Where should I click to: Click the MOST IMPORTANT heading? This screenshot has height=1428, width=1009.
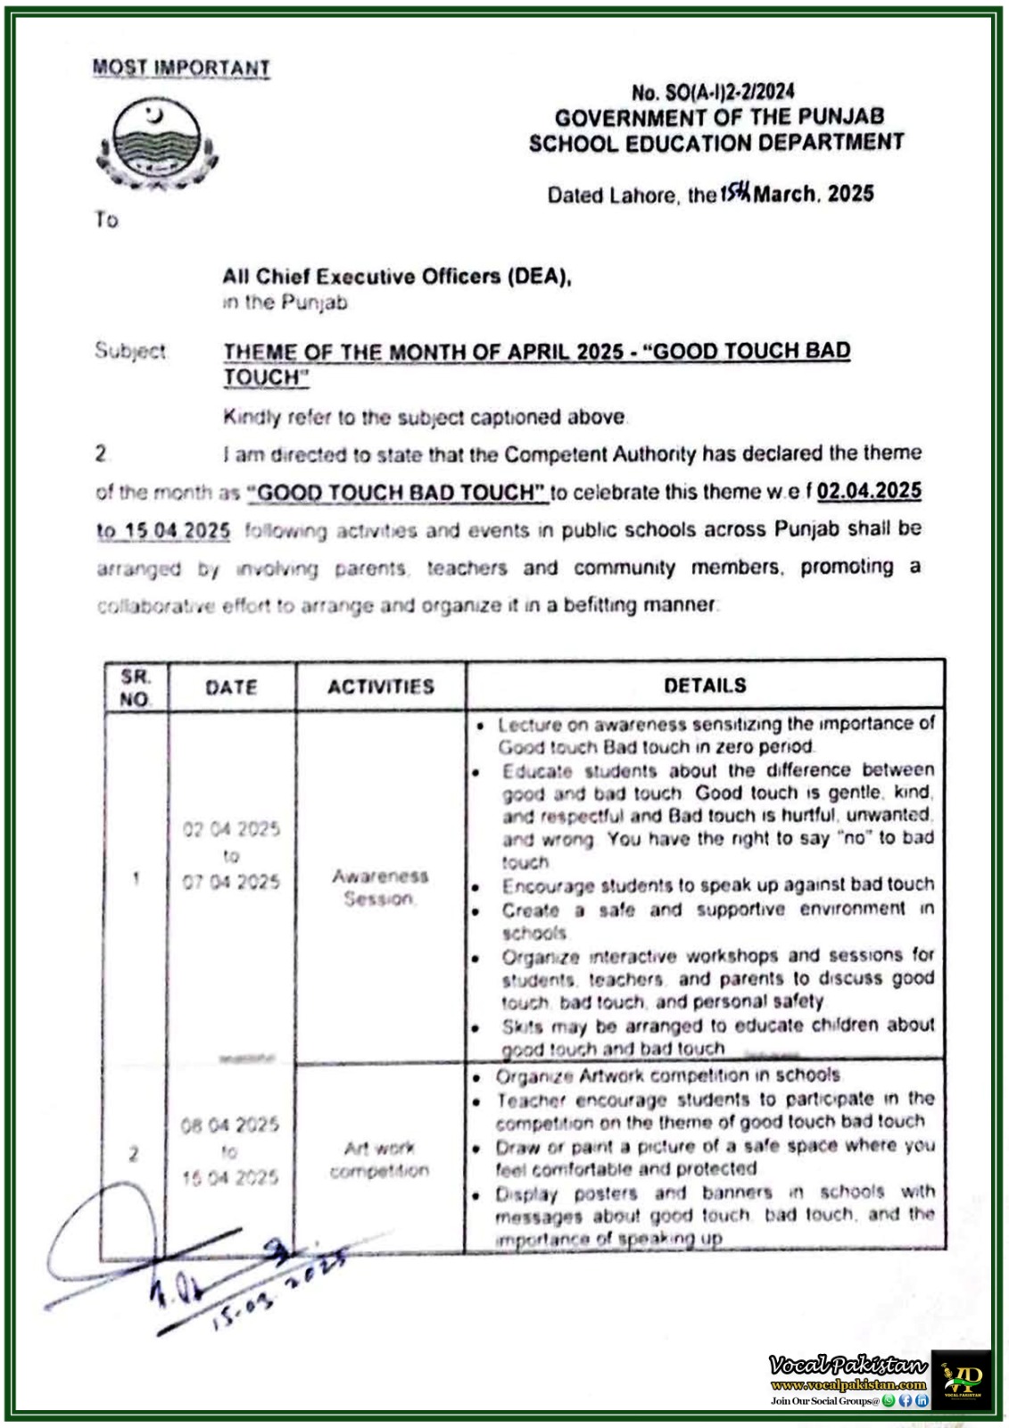coord(180,68)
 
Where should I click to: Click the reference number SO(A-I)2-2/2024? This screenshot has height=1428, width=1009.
coord(713,92)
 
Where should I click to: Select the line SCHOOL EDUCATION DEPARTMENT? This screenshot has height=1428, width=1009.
coord(715,143)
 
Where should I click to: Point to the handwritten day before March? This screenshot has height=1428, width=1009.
coord(735,192)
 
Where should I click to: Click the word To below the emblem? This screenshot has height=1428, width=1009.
coord(106,220)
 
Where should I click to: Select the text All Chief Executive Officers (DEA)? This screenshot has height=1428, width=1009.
coord(396,277)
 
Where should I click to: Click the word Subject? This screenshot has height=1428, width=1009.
coord(130,351)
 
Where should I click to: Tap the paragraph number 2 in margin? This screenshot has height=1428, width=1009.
coord(101,454)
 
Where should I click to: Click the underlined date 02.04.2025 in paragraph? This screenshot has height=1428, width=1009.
coord(868,491)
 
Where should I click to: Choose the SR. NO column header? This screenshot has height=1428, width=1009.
coord(136,687)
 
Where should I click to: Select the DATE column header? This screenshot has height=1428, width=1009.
coord(231,687)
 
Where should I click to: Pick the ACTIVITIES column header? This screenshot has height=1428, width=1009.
coord(380,686)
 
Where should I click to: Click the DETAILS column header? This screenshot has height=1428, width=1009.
coord(704,685)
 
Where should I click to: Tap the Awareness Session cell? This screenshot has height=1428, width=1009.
coord(380,887)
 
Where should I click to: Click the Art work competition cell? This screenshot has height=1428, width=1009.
coord(379,1158)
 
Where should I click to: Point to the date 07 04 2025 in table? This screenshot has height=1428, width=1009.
coord(231,882)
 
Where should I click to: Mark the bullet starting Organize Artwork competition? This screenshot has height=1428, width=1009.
coord(667,1075)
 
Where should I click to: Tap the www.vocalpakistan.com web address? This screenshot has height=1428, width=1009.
coord(848,1385)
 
